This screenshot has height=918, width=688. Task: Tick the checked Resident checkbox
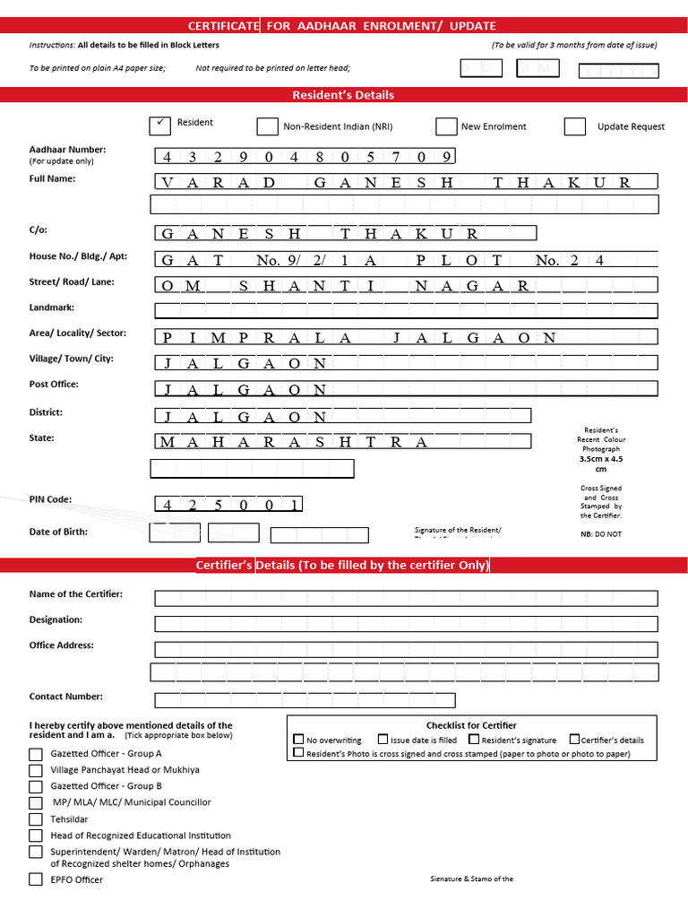(159, 126)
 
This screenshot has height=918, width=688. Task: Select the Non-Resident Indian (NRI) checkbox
(267, 126)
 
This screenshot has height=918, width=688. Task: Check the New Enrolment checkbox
(446, 126)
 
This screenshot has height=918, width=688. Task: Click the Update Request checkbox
(574, 126)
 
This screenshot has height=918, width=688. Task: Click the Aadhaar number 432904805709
(305, 157)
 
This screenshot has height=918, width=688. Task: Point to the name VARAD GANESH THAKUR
(395, 182)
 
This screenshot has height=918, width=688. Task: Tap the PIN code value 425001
(229, 505)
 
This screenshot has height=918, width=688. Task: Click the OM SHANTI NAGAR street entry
(344, 286)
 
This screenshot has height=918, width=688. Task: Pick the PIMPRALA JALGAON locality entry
(358, 338)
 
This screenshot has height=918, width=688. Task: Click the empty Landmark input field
(406, 311)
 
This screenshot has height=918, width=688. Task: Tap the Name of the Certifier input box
(406, 598)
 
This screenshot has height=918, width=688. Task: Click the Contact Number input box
(305, 700)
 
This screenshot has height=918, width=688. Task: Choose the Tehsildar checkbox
(36, 819)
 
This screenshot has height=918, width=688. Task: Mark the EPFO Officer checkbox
(36, 879)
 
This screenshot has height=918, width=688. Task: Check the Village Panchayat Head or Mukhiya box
(36, 770)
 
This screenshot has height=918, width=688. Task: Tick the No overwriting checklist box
(299, 740)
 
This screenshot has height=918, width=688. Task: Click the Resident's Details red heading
(343, 95)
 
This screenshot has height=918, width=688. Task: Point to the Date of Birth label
(58, 532)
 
